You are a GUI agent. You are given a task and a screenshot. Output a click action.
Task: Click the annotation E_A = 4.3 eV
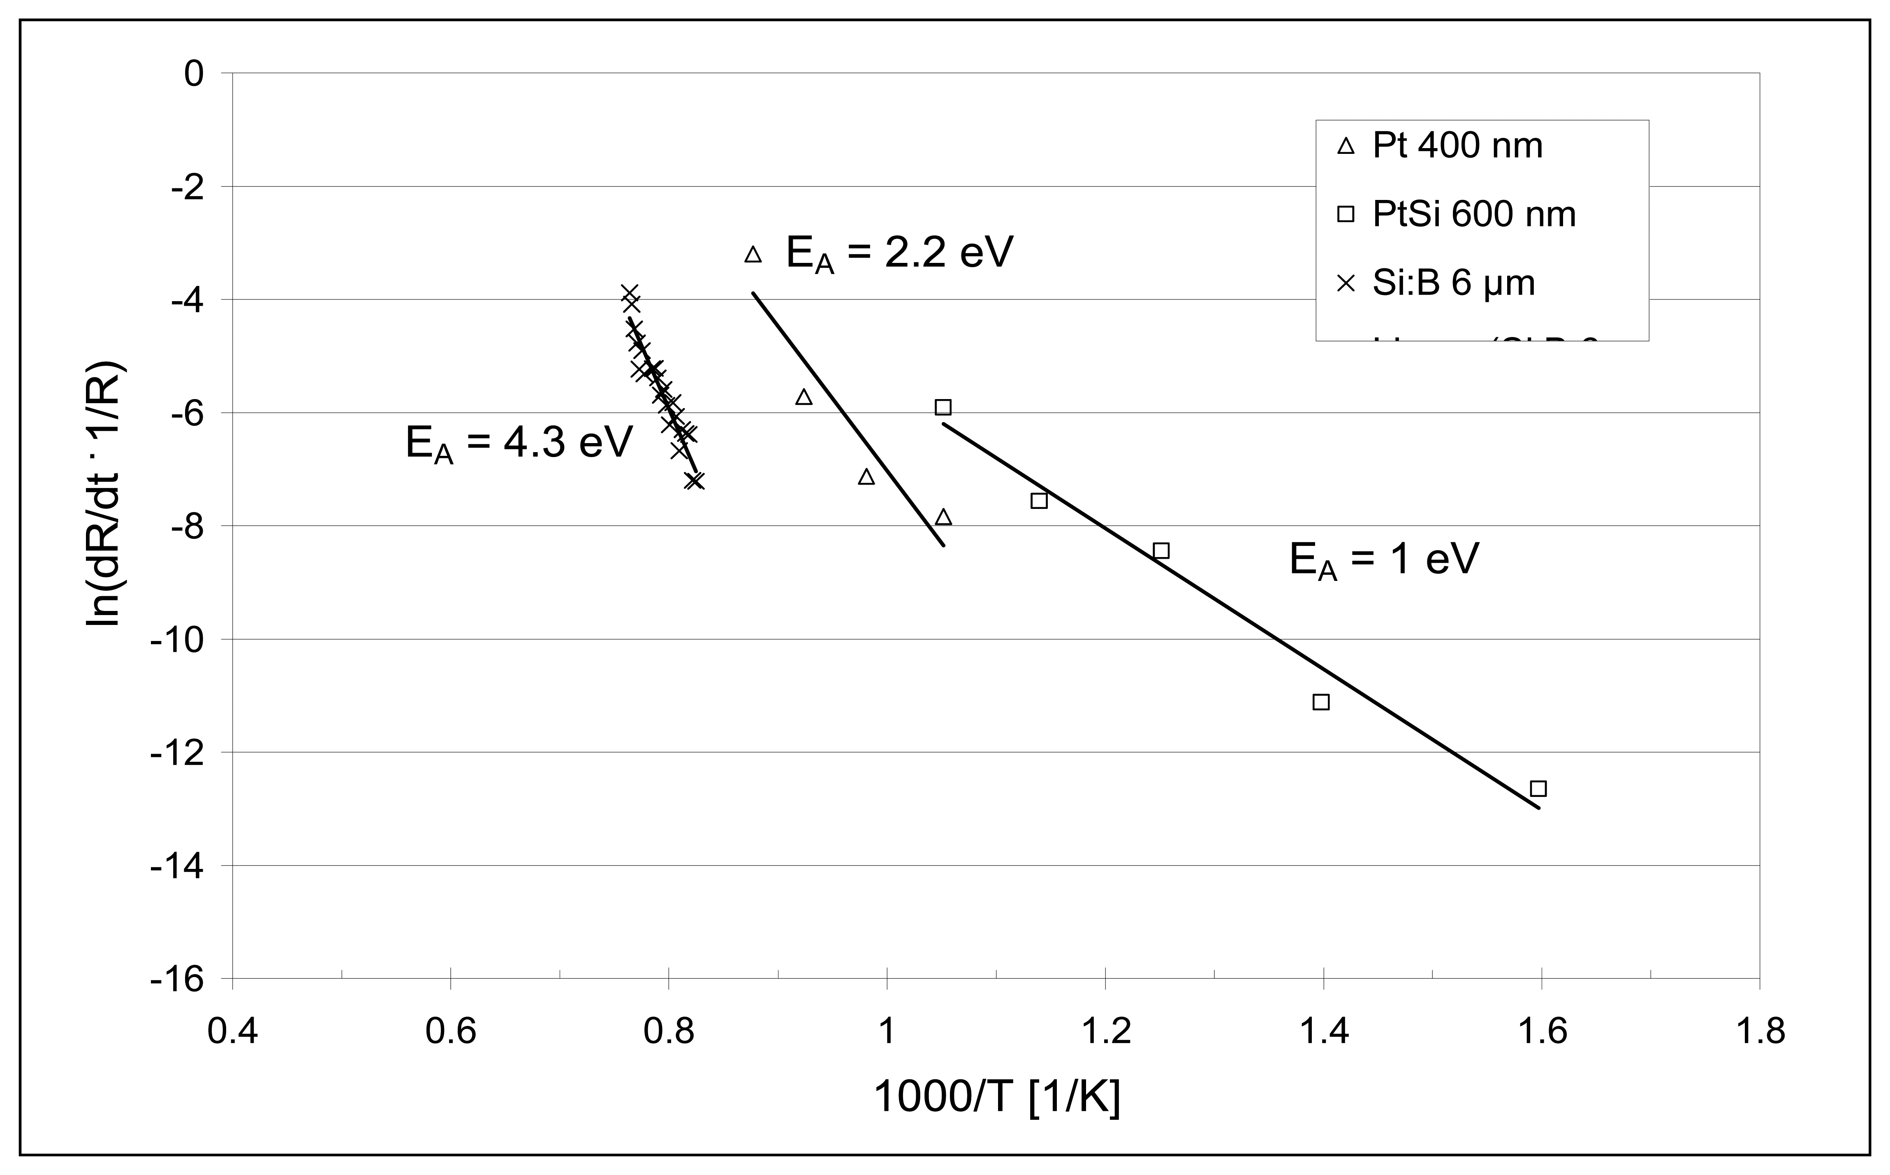point(519,444)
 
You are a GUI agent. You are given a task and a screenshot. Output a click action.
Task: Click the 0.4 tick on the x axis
point(232,1032)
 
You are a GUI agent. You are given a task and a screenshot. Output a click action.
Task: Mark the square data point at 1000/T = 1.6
point(1538,789)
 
